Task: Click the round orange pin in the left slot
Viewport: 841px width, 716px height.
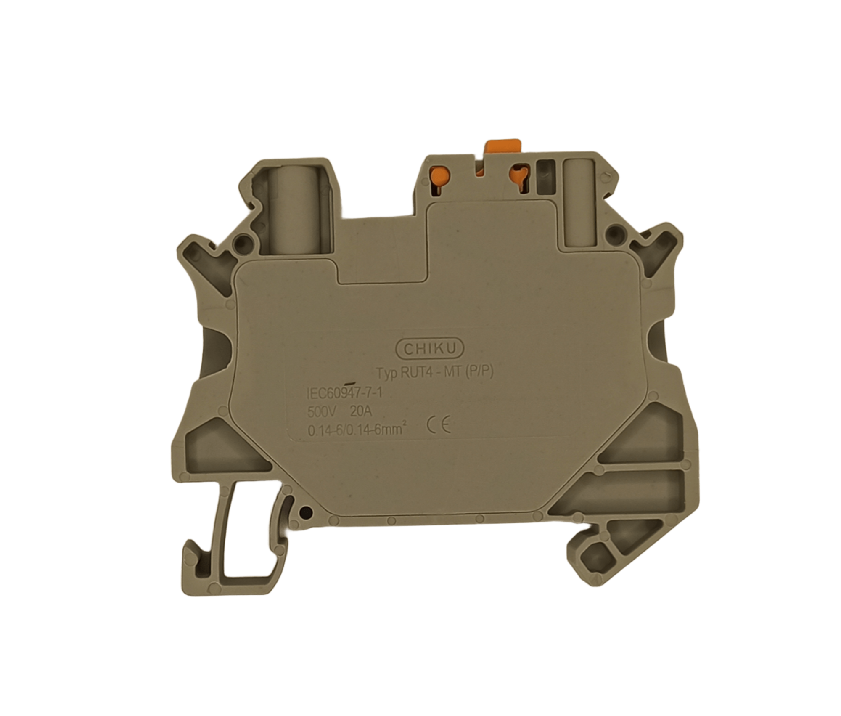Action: (x=440, y=174)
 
